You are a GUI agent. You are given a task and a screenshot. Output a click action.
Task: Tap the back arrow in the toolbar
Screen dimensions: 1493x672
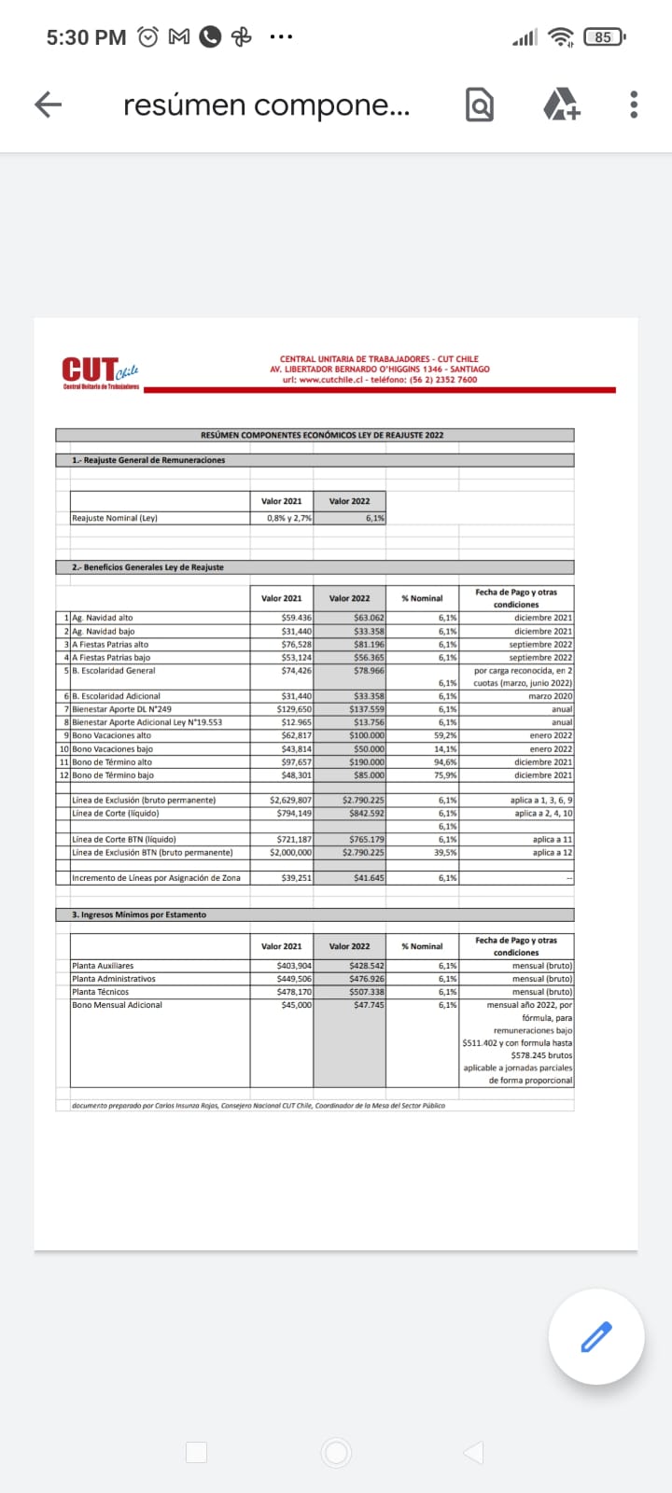click(x=48, y=105)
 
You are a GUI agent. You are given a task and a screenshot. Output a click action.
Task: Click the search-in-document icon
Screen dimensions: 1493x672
click(x=479, y=105)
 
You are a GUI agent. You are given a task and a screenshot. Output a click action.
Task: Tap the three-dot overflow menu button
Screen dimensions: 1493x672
click(x=634, y=105)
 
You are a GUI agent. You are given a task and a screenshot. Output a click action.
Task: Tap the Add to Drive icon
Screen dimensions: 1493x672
click(x=562, y=105)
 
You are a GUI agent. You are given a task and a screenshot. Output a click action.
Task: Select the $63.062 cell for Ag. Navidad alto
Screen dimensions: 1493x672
click(x=369, y=618)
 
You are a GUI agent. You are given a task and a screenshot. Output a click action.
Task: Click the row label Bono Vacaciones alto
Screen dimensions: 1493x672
click(x=112, y=735)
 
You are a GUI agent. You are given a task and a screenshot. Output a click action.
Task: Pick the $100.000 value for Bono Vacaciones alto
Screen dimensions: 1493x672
click(x=367, y=735)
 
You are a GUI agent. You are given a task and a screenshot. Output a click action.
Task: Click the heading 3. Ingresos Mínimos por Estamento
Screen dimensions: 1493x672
click(x=139, y=914)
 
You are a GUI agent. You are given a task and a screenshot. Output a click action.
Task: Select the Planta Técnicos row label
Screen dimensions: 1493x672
click(x=102, y=992)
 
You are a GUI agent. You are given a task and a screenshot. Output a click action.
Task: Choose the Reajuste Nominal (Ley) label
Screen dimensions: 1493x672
click(x=115, y=518)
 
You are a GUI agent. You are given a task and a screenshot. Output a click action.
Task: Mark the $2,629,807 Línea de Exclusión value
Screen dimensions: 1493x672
click(x=291, y=801)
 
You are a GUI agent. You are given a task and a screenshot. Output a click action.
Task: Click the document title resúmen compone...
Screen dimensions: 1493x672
click(x=266, y=105)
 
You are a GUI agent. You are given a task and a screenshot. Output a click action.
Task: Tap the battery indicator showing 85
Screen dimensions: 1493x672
click(x=604, y=37)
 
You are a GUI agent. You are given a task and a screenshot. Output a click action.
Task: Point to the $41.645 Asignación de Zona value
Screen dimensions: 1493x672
click(x=369, y=878)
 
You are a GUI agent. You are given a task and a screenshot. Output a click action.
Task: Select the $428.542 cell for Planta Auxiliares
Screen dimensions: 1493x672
click(x=367, y=966)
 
